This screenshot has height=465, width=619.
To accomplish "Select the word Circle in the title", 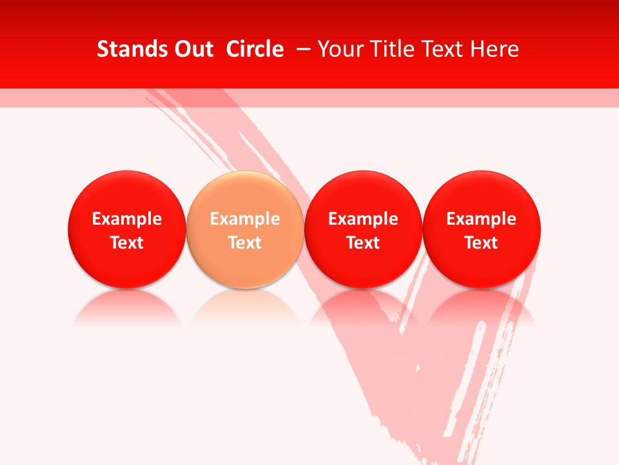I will (255, 49).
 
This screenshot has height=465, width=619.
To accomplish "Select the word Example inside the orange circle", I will (245, 219).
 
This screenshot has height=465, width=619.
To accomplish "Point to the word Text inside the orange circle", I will (245, 243).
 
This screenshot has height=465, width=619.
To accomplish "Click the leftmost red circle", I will (126, 194).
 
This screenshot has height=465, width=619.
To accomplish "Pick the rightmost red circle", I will (482, 194).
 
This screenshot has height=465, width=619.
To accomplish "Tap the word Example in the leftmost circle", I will (126, 219).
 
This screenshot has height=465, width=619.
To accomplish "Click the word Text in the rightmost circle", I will (482, 243).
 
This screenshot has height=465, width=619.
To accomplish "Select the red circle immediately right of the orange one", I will (363, 194).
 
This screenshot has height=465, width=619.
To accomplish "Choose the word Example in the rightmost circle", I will (482, 219).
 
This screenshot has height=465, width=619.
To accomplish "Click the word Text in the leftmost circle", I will (126, 243).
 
